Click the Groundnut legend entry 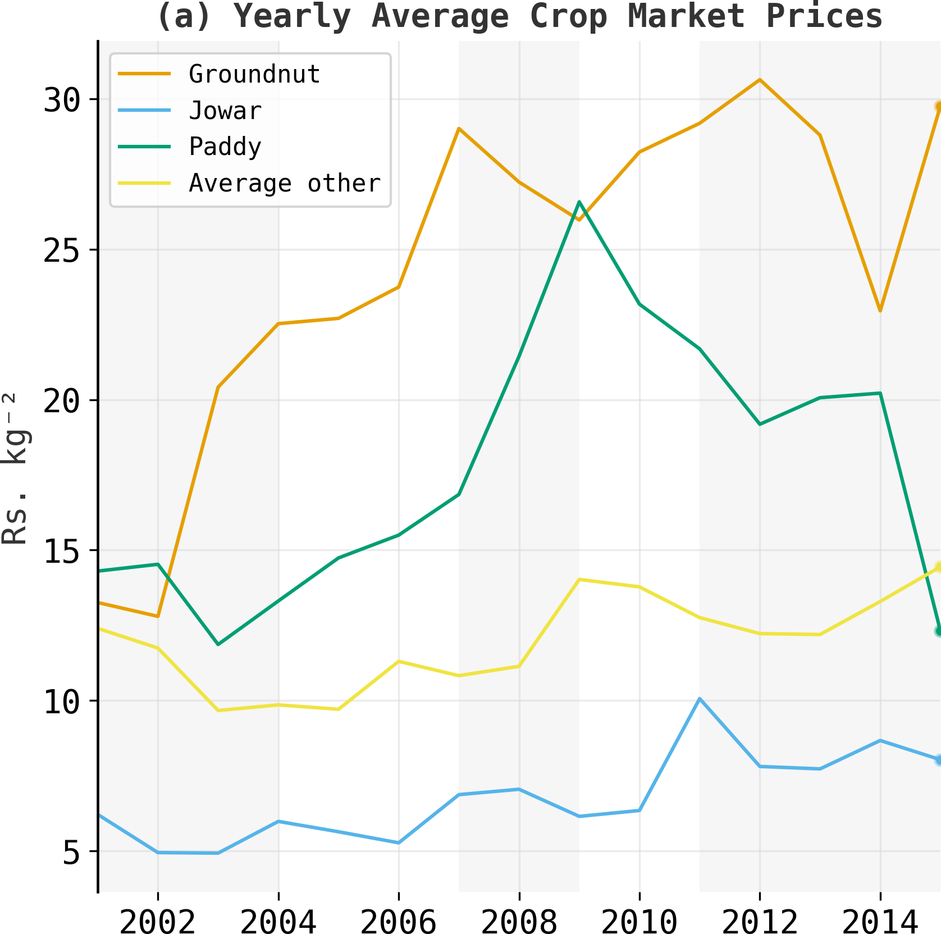point(254,74)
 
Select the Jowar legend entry point(225,111)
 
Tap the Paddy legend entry point(225,147)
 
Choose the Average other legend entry point(285,183)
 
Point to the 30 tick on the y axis point(62,101)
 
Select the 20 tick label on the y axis point(62,401)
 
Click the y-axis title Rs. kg point(16,470)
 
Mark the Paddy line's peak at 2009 point(579,202)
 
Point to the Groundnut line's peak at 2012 point(760,80)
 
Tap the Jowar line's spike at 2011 point(700,699)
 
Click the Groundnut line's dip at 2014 point(880,311)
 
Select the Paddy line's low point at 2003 point(218,644)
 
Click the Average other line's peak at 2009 point(579,579)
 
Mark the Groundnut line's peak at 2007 point(459,129)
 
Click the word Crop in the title point(568,16)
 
